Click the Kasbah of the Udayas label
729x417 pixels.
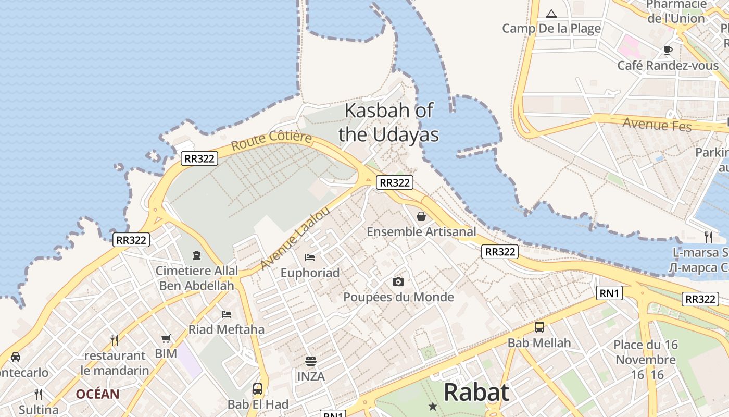coord(388,122)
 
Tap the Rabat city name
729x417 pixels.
coord(476,392)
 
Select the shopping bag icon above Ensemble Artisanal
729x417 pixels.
coord(421,216)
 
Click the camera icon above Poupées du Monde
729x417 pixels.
coord(398,281)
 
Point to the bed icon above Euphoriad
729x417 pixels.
coord(310,257)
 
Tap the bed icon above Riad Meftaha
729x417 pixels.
coord(227,314)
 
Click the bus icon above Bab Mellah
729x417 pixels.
coord(539,327)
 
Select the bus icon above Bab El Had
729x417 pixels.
coord(258,388)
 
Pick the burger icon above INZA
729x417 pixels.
coord(311,361)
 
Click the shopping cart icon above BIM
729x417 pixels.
coord(166,338)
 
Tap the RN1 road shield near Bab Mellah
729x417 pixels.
coord(609,293)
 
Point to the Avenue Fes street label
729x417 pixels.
coord(657,125)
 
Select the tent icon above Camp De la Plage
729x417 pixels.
coord(551,13)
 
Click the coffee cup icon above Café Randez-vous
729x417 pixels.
coord(668,50)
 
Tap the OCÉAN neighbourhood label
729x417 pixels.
coord(98,394)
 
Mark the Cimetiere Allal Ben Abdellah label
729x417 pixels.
coord(197,278)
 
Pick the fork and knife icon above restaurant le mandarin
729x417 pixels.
coord(115,340)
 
